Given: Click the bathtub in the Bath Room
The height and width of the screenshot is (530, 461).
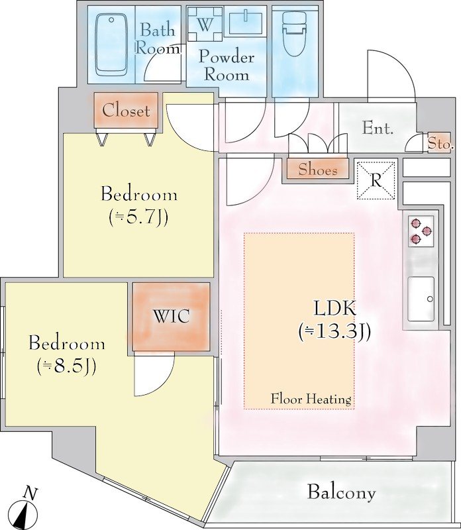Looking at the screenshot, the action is point(111,44).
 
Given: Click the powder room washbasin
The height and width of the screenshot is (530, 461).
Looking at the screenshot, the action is point(246,23).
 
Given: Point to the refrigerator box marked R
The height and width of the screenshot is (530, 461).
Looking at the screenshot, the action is point(376,180).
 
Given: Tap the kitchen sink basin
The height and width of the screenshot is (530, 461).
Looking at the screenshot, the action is point(421,299).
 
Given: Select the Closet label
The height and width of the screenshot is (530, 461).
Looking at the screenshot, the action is point(126,111).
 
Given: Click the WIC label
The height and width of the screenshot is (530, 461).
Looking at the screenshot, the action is point(172,317).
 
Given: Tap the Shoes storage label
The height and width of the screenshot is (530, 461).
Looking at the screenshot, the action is point(318,170).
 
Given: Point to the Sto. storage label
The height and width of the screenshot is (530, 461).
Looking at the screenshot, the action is point(440,143).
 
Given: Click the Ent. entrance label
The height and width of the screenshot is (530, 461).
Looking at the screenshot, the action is point(378,129).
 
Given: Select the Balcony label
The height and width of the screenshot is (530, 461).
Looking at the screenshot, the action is point(341,492).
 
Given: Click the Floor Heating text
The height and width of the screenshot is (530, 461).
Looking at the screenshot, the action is point(311,399).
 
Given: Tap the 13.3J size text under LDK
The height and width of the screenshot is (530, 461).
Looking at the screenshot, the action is point(335,332).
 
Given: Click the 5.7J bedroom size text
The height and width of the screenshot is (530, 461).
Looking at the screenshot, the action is point(138,218).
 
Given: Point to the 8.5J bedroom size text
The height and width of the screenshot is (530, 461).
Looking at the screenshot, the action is point(67,366).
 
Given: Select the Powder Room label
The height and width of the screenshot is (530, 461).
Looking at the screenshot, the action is point(227,66).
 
